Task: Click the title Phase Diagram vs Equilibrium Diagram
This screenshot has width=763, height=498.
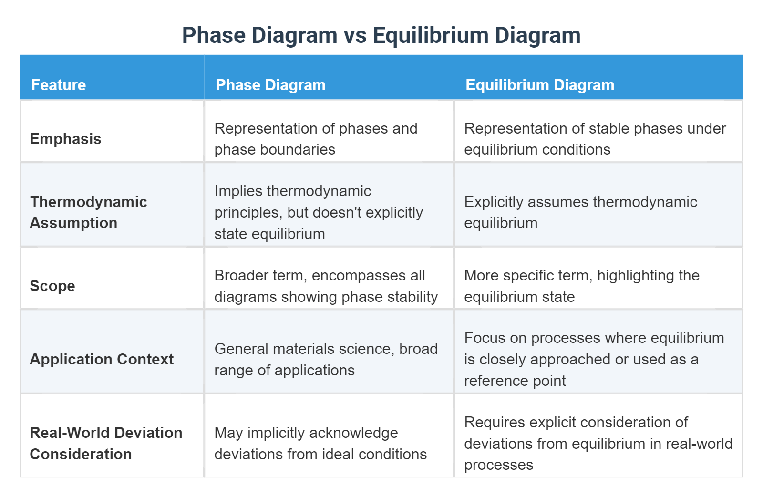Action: click(381, 35)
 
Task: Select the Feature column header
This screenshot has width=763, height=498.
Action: click(58, 85)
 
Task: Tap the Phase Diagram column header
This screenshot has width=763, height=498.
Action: click(270, 85)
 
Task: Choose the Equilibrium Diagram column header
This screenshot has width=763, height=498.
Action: click(539, 85)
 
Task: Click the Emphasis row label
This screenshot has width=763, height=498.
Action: click(65, 139)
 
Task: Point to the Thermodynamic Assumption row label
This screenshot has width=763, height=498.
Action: click(88, 212)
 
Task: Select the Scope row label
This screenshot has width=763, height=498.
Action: click(52, 286)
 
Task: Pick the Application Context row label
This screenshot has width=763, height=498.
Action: click(102, 359)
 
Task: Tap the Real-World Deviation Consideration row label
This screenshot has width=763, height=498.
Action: click(106, 443)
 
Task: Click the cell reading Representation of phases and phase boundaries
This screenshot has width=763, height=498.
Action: click(316, 139)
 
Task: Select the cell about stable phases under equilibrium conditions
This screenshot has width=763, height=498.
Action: click(595, 139)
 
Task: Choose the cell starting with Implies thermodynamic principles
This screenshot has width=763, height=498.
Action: click(319, 212)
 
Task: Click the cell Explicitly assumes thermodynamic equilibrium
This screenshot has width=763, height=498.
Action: click(580, 212)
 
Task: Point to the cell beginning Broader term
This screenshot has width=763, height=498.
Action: click(326, 286)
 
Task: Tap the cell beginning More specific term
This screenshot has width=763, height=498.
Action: click(582, 286)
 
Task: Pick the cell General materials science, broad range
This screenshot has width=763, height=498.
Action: click(326, 359)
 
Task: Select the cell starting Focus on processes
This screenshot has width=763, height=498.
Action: click(594, 359)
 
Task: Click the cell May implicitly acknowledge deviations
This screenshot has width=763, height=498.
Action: click(320, 443)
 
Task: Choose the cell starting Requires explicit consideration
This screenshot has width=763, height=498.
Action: click(598, 443)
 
